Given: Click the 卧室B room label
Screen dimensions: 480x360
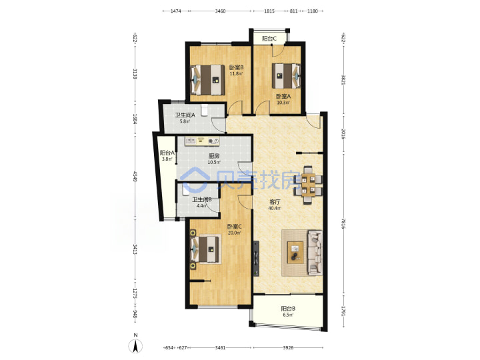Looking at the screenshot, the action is (x=236, y=67).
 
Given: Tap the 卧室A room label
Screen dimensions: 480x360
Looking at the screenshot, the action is (x=283, y=96).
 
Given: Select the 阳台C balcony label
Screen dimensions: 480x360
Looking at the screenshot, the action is (x=269, y=39).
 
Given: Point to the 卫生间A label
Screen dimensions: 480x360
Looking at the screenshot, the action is (x=185, y=115).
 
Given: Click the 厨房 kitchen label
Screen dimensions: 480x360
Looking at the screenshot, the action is (x=214, y=156).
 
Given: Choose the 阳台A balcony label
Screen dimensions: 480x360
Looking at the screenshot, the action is (x=167, y=153).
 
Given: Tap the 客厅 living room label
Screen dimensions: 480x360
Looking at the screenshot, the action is (x=275, y=202).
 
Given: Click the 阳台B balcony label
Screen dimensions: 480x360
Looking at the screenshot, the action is (x=288, y=309).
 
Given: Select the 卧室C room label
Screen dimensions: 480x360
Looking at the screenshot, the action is (x=234, y=227).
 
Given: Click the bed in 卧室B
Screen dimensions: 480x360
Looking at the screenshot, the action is (x=207, y=79).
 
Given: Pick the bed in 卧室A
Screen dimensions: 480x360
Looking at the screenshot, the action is (x=286, y=75).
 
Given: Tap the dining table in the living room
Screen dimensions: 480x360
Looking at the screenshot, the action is (x=308, y=185).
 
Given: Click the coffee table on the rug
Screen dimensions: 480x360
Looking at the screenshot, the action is (x=295, y=252).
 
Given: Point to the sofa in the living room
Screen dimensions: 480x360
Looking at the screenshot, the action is (x=315, y=252).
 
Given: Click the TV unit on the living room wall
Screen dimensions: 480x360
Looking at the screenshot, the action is (x=256, y=259).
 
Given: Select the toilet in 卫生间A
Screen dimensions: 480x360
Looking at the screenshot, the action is (x=205, y=110).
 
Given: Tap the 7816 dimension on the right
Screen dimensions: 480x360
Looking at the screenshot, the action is (x=343, y=224).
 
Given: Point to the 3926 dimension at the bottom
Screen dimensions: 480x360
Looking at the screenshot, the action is (x=288, y=348).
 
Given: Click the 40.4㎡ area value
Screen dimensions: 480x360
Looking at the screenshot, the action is (x=275, y=209).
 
